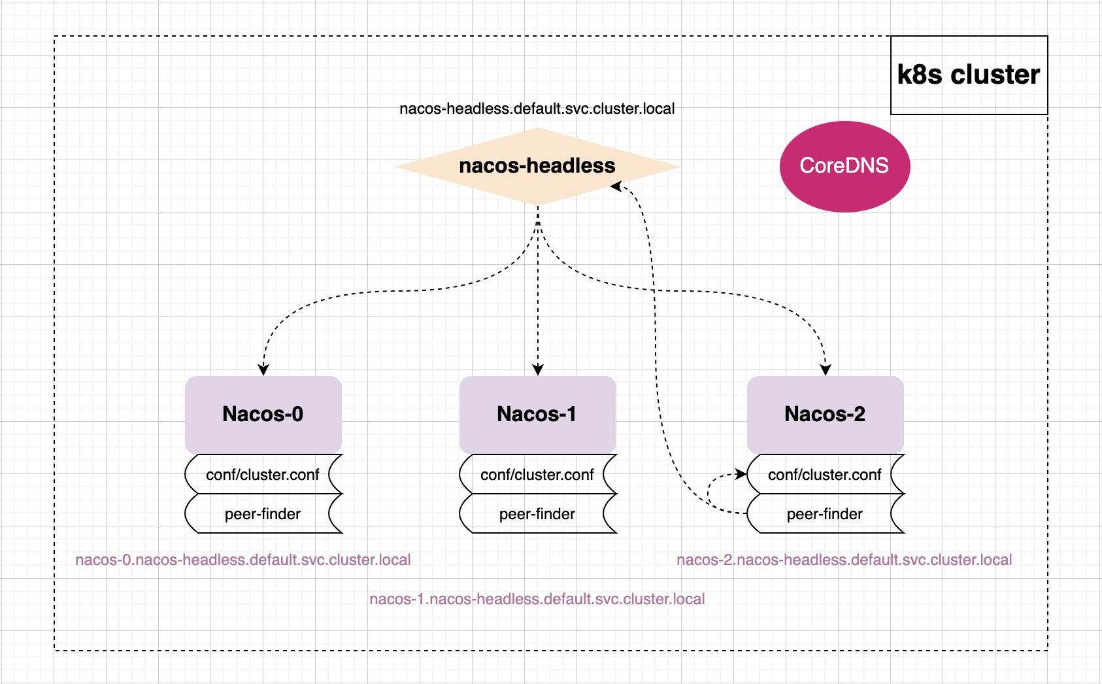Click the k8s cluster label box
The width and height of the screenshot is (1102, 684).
coord(969,75)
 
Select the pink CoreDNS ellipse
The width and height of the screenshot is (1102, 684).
coord(844,166)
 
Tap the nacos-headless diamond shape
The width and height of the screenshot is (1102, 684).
coord(537,166)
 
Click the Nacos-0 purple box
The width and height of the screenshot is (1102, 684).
coord(263,415)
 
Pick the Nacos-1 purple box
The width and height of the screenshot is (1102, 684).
coord(537,415)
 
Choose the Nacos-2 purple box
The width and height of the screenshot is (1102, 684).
coord(825,415)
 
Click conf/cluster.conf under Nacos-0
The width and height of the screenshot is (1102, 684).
coord(263,475)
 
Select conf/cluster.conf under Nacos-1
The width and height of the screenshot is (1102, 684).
coord(537,475)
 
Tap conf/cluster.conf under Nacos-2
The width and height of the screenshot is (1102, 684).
coord(825,475)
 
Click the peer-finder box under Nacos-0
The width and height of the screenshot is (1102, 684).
coord(263,514)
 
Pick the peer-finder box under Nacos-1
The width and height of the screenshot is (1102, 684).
coord(537,514)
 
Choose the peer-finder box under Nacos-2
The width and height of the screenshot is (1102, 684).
coord(825,514)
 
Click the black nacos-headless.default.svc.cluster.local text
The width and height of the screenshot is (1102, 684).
coord(537,109)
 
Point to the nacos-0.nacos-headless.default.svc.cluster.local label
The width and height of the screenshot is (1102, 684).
coord(243,560)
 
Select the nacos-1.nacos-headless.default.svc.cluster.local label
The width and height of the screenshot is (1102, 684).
coord(537,600)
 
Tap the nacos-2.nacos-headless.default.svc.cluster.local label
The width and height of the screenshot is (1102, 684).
coord(844,560)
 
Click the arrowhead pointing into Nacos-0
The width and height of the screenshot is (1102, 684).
coord(263,369)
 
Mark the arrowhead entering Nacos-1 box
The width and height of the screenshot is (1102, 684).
coord(538,369)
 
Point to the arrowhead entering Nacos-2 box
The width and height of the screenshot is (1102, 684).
coord(826,369)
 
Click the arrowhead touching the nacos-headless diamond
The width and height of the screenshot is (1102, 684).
coord(616,187)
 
